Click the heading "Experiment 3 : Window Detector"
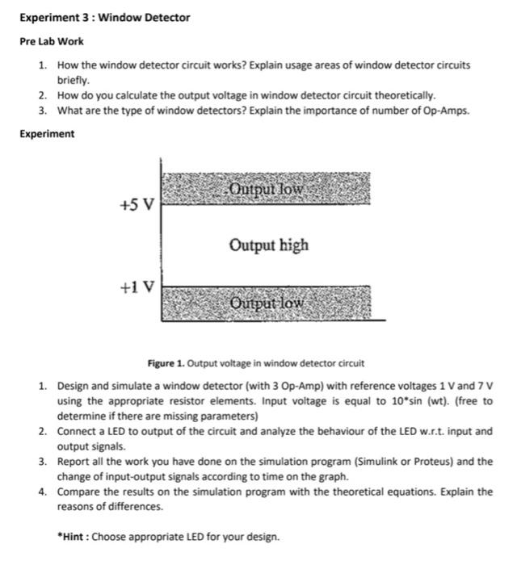(x=104, y=17)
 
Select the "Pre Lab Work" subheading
(x=51, y=41)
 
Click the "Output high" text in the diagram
(x=268, y=245)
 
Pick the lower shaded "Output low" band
(x=267, y=303)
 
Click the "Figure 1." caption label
(x=164, y=363)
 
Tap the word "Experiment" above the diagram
(x=47, y=134)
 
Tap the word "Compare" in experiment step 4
(x=78, y=492)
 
